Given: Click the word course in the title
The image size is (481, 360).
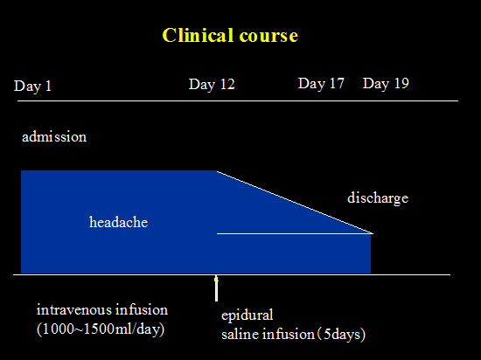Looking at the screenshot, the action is point(268,36).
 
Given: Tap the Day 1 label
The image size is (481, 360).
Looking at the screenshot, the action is point(32,87).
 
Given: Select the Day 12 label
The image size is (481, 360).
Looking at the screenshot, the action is point(212,84).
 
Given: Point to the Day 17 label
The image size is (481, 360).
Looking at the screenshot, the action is point(321,83).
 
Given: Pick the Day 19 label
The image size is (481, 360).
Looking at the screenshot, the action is point(386,83).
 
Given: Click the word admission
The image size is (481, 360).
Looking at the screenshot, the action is point(54,136).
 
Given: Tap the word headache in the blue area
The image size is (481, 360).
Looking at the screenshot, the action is point(118,222).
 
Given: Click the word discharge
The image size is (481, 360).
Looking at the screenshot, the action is point(378,198).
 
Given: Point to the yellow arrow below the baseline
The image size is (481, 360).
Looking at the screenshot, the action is point(216,288).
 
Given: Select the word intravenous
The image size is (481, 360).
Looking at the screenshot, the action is point(72,309).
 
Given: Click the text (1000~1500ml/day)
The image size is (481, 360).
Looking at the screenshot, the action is point(101,329).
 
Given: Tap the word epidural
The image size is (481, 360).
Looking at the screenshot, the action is point(247,315).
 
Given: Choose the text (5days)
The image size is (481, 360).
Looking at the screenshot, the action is point(341,335).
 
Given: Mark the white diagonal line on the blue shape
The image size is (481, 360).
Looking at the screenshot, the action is point(295,202).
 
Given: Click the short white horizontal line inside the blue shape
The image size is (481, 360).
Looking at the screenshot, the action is point(295,234).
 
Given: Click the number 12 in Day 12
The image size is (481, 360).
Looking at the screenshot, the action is point(227,84).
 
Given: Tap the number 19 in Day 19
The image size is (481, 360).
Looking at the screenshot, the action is point(401,83).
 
